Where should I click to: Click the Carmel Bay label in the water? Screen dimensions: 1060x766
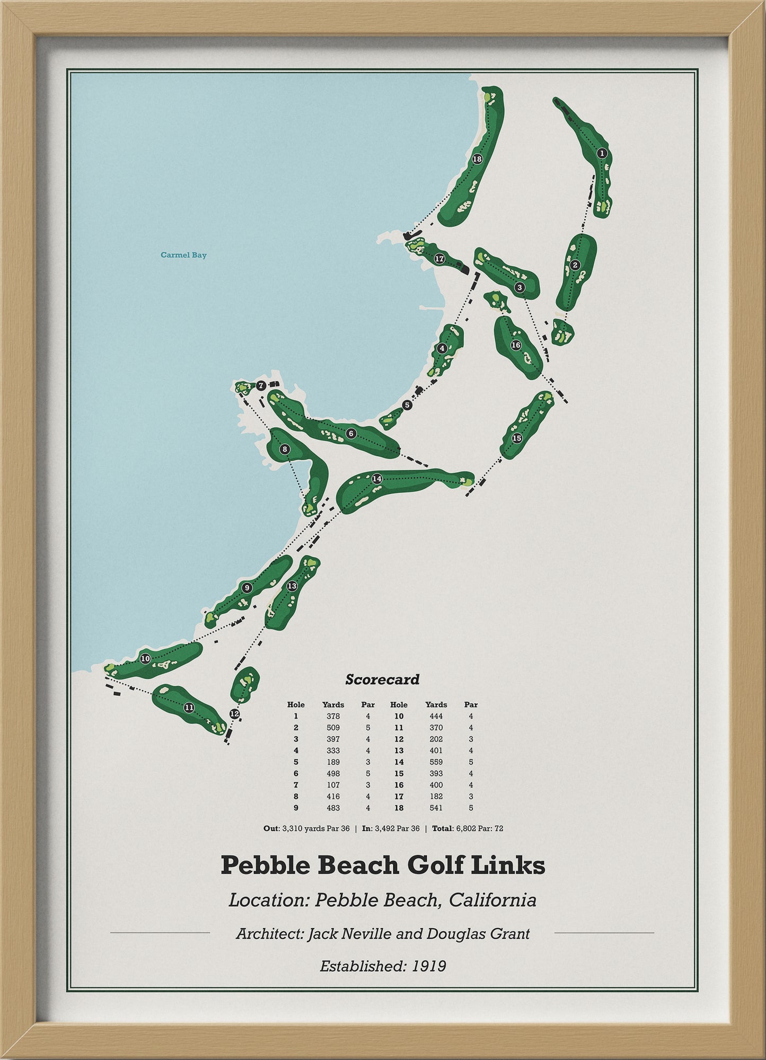(183, 255)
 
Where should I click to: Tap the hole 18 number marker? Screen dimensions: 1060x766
(477, 158)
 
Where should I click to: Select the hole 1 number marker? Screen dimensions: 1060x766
(602, 153)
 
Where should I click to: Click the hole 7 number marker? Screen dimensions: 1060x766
(261, 386)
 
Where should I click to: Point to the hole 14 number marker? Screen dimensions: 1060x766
(377, 479)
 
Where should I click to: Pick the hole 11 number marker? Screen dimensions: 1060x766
(189, 708)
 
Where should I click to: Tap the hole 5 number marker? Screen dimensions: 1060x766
(407, 405)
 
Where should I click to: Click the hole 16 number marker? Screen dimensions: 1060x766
(516, 345)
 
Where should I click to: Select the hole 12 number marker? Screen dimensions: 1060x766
(235, 714)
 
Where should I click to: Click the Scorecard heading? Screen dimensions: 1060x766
(382, 679)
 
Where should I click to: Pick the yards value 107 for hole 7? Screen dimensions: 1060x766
(333, 785)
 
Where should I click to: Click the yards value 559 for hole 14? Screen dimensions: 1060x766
(436, 762)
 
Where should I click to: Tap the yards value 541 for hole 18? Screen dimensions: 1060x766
(436, 808)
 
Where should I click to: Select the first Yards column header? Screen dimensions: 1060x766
(333, 704)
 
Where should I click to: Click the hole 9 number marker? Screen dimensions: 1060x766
(246, 587)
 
